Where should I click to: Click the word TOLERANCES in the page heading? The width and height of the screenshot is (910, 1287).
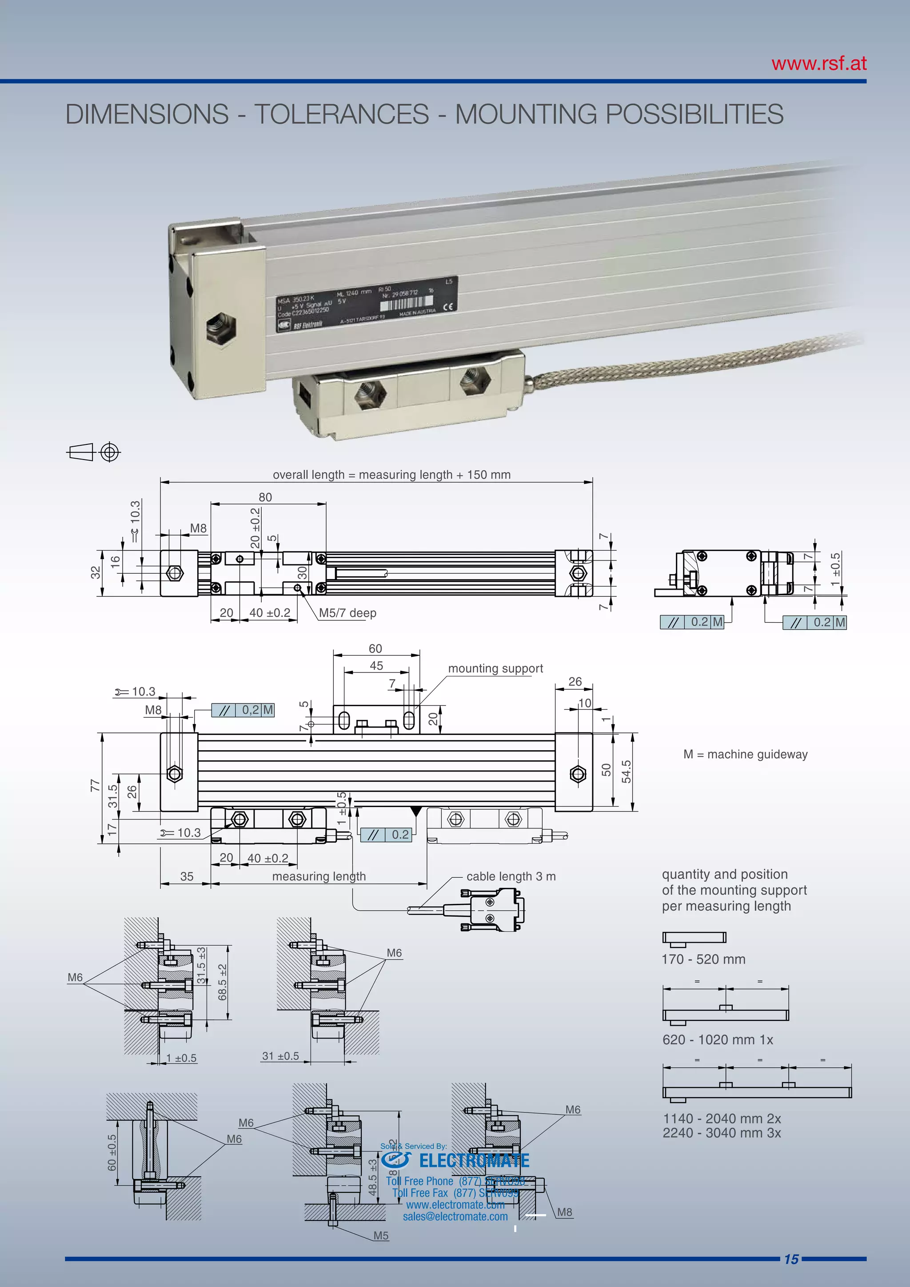(341, 114)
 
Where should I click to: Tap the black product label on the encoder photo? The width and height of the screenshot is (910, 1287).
(367, 305)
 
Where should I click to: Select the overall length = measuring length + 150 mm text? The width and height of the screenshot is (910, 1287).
(391, 475)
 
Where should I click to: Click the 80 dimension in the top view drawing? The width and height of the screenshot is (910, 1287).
(265, 497)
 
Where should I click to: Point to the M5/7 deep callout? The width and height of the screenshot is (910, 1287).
(347, 613)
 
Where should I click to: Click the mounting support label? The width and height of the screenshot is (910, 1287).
(495, 668)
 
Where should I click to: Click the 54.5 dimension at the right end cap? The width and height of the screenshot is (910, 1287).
(627, 771)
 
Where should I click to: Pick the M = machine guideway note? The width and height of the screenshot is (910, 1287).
(745, 755)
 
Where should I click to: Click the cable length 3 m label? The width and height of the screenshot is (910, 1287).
(511, 876)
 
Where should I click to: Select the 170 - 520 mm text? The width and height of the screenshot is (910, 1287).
(703, 959)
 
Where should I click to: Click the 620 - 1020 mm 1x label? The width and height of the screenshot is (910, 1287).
(717, 1040)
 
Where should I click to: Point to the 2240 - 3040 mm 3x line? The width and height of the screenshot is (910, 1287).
(721, 1133)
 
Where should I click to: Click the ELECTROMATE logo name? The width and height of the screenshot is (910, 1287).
(474, 1160)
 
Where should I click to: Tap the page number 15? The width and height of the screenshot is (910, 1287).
(790, 1259)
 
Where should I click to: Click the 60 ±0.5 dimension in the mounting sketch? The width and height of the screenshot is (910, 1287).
(112, 1152)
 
